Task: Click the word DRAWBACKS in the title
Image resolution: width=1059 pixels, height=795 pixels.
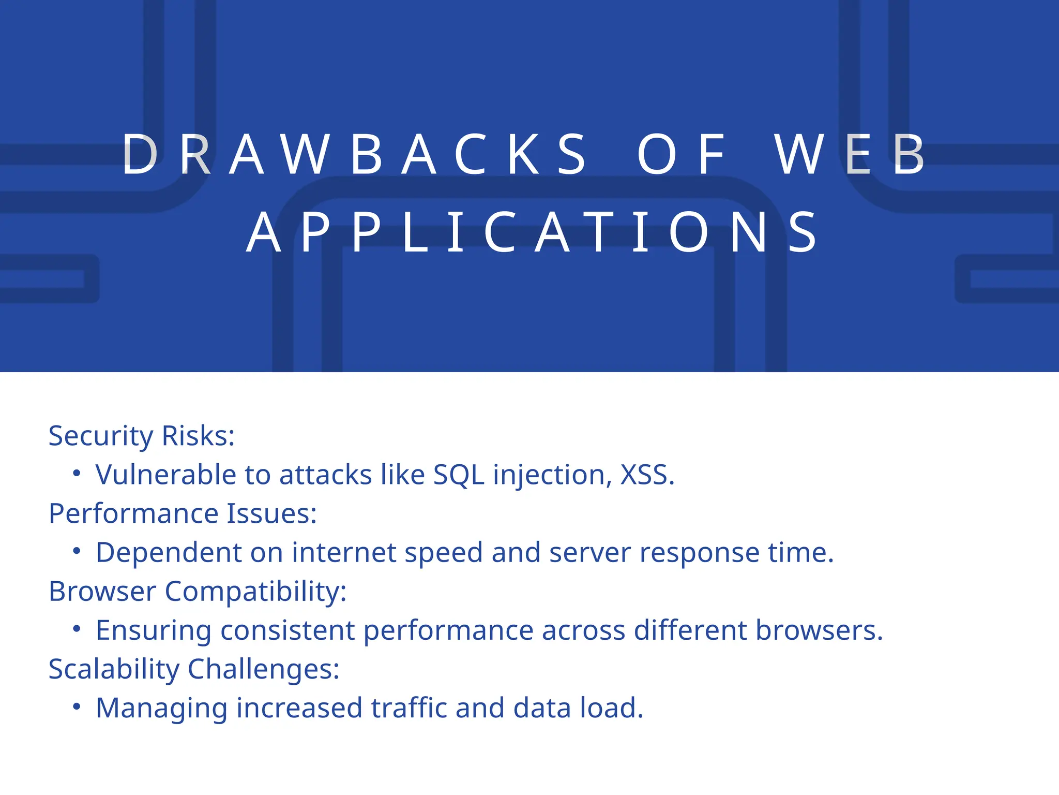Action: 355,154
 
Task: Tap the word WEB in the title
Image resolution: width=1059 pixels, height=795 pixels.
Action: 850,154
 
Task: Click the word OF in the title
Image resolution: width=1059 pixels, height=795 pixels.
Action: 682,154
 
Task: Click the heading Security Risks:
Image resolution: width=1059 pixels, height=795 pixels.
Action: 142,436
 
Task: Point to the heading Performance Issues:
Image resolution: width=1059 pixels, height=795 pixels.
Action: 183,513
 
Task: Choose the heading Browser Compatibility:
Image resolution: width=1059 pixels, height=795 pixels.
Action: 198,591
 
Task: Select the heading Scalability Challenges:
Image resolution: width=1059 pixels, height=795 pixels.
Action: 194,669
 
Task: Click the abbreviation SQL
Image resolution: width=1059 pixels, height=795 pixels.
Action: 459,475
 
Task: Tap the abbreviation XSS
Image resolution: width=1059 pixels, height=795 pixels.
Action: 647,475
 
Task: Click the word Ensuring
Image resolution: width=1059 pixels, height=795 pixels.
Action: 154,630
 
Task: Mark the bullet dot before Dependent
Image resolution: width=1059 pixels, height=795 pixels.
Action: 77,551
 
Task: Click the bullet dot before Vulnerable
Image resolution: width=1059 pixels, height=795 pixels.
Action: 77,473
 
